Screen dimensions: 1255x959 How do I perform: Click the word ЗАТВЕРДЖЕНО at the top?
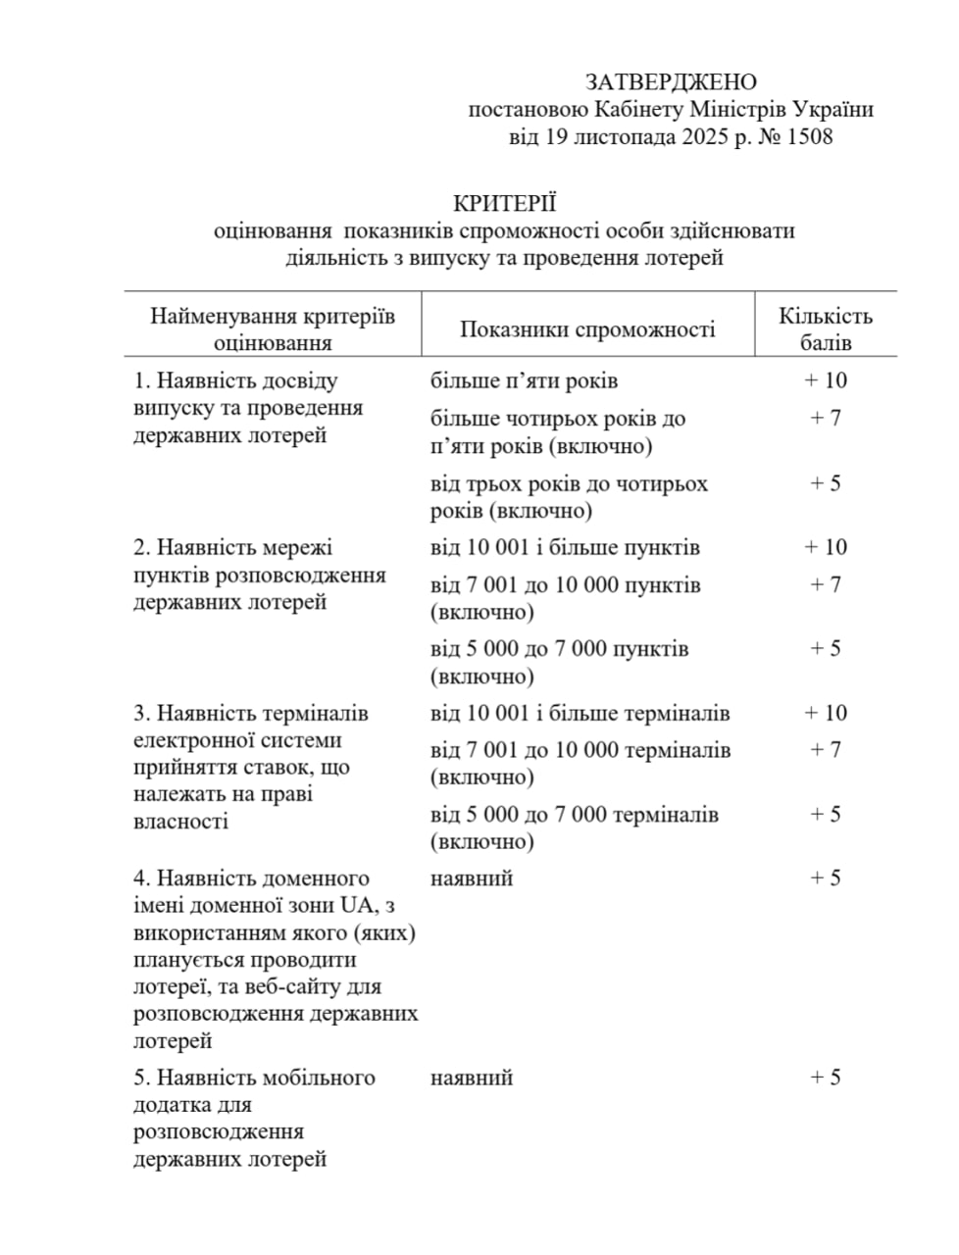pyautogui.click(x=671, y=82)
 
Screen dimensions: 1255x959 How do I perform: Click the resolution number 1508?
pyautogui.click(x=809, y=137)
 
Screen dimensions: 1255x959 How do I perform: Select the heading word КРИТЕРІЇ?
pyautogui.click(x=505, y=203)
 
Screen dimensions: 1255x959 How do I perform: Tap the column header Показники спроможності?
pyautogui.click(x=587, y=329)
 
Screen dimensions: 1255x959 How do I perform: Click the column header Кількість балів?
pyautogui.click(x=826, y=329)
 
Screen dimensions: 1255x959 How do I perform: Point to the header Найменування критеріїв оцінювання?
pyautogui.click(x=273, y=329)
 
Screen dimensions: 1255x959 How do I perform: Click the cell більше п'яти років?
pyautogui.click(x=524, y=380)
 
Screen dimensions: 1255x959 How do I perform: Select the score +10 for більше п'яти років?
pyautogui.click(x=826, y=380)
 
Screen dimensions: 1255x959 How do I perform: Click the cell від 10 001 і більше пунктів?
pyautogui.click(x=565, y=547)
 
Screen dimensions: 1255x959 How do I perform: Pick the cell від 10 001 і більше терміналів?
pyautogui.click(x=580, y=713)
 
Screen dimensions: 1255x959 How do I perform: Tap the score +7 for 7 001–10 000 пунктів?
pyautogui.click(x=826, y=584)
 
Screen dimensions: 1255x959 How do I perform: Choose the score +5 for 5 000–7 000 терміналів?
pyautogui.click(x=826, y=814)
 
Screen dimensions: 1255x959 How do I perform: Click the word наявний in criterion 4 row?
pyautogui.click(x=472, y=878)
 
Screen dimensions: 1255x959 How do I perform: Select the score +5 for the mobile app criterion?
pyautogui.click(x=826, y=1077)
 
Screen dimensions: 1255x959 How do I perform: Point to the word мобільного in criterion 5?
pyautogui.click(x=319, y=1078)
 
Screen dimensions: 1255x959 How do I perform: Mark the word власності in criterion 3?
pyautogui.click(x=180, y=822)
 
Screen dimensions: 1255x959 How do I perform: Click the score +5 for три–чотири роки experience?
pyautogui.click(x=826, y=483)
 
